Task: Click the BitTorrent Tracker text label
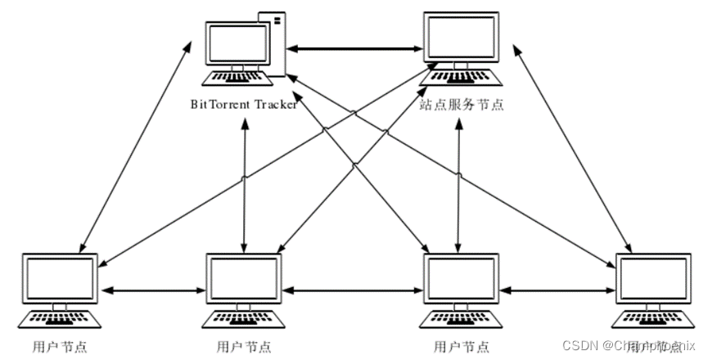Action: pyautogui.click(x=243, y=104)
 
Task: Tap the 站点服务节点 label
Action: pyautogui.click(x=462, y=104)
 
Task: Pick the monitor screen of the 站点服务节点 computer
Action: pyautogui.click(x=462, y=37)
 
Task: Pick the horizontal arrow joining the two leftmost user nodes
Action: pyautogui.click(x=151, y=290)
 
